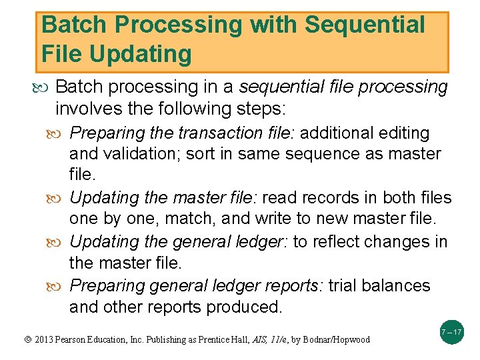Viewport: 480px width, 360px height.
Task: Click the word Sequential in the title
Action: pos(364,25)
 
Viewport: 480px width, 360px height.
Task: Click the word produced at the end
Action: pos(245,307)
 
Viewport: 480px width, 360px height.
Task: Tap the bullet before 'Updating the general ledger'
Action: pos(61,241)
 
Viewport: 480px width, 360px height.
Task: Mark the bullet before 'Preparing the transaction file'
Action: pos(61,133)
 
